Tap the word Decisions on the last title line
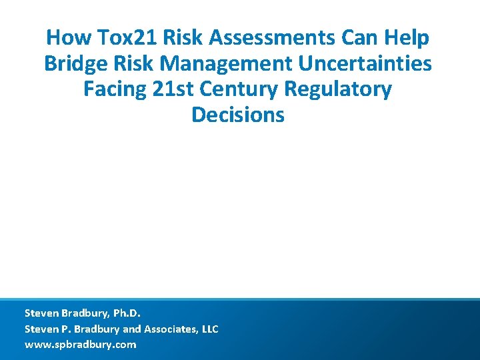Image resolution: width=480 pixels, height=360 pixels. coord(238,115)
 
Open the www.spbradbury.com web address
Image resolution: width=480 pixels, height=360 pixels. coord(80,345)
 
